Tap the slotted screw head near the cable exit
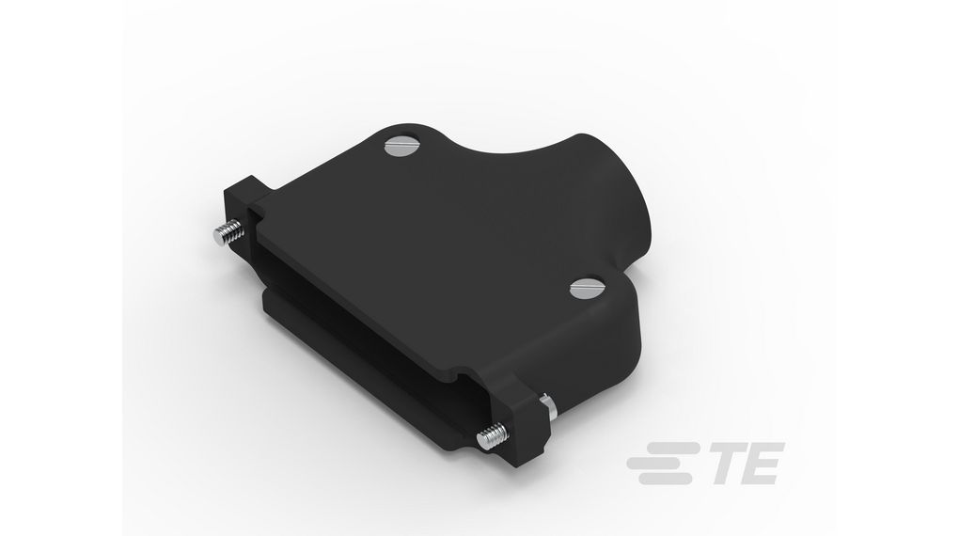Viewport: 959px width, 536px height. point(582,288)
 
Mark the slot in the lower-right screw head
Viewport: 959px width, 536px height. point(582,288)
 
